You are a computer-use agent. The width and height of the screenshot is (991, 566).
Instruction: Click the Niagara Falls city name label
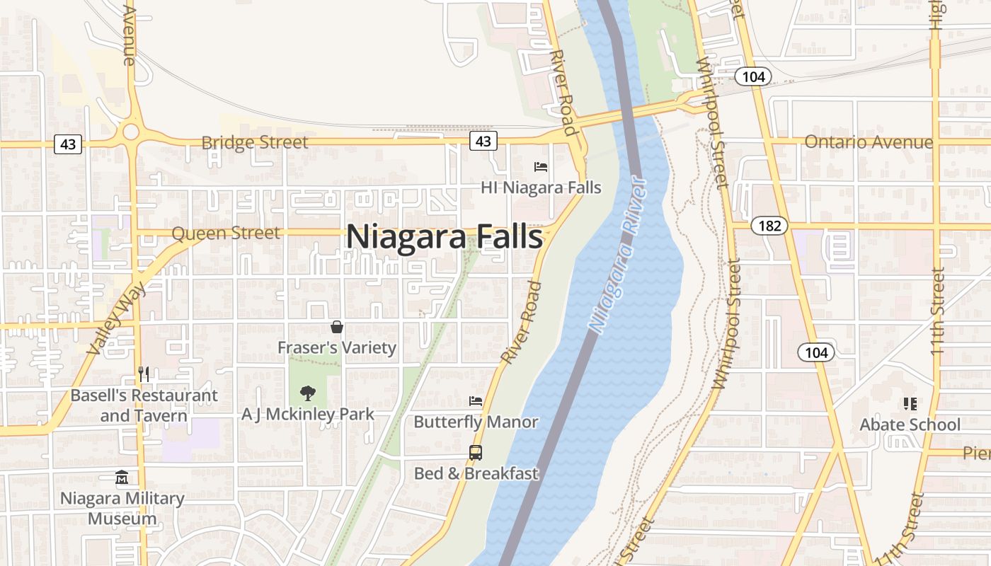click(x=445, y=237)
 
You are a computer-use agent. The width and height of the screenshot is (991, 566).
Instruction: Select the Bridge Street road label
click(x=255, y=142)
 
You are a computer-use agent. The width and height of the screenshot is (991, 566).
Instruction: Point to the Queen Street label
click(x=226, y=233)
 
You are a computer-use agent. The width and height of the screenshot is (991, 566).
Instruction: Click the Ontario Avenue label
click(x=869, y=142)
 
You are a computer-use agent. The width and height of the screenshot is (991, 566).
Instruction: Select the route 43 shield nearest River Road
click(x=483, y=141)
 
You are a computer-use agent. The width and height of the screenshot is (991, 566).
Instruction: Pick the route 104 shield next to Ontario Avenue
click(x=753, y=76)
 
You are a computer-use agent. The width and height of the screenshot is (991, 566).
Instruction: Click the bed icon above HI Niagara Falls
click(x=541, y=167)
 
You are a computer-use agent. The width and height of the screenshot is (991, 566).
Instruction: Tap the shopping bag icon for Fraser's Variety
click(x=337, y=327)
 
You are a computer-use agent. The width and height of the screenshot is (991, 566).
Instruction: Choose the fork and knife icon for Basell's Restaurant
click(x=144, y=374)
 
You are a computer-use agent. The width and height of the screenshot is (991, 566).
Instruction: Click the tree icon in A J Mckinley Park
click(x=307, y=393)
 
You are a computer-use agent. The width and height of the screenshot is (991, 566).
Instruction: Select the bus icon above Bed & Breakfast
click(x=476, y=452)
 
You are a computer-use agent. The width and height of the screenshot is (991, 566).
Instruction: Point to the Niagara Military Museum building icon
click(x=122, y=478)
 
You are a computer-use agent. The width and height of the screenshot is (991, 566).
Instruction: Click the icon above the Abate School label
click(x=910, y=404)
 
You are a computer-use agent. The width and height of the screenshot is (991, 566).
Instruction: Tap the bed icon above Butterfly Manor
click(x=476, y=401)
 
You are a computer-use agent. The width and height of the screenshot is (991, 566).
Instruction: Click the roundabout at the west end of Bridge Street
click(x=130, y=132)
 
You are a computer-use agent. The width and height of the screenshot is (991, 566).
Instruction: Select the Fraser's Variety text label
click(x=337, y=347)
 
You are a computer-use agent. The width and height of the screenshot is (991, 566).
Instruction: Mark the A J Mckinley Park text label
click(x=307, y=414)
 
